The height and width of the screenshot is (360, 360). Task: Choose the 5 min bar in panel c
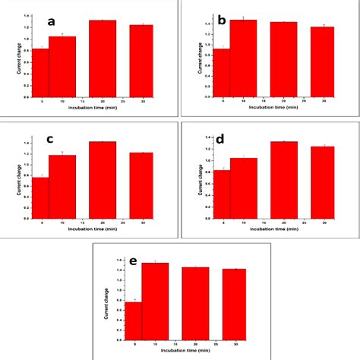[40, 197]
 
